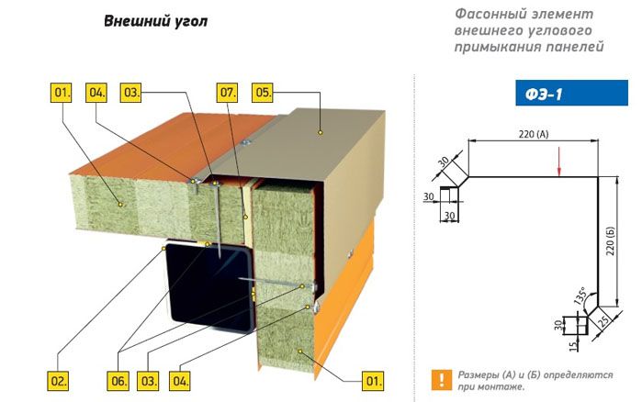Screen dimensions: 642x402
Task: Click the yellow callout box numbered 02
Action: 58,381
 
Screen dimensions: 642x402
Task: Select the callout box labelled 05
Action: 263,93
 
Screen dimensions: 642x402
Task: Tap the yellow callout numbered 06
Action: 118,381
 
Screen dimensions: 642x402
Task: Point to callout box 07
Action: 227,93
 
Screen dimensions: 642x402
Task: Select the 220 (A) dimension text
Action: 533,134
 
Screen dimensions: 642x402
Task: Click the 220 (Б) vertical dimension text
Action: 611,240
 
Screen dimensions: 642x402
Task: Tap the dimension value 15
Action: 574,346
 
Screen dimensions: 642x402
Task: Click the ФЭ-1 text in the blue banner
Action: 544,95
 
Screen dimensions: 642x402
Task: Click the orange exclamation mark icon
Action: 442,380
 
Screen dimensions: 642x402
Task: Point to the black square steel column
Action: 209,285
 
